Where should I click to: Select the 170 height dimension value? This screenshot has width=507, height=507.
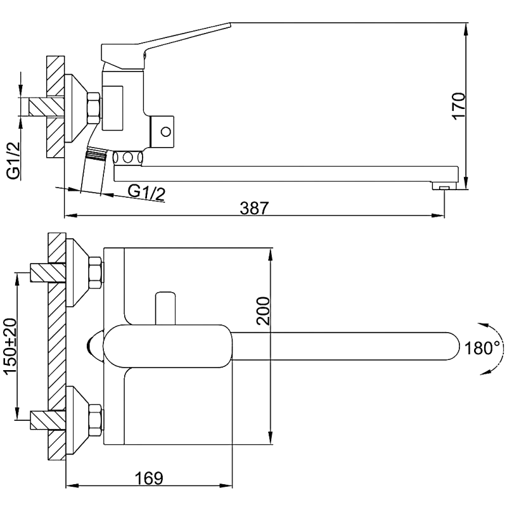[x=458, y=105]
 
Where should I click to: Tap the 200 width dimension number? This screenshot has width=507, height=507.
[x=263, y=311]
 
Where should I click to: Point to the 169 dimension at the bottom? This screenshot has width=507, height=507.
[x=150, y=477]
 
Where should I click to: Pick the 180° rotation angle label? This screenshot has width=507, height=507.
[x=482, y=348]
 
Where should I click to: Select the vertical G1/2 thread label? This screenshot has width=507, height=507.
[x=13, y=161]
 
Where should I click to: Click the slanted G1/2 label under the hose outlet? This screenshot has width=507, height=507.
[x=146, y=191]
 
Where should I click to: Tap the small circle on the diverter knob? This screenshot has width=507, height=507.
[x=166, y=132]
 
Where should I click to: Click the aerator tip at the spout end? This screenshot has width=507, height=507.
[x=444, y=188]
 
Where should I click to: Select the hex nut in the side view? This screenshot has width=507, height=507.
[x=93, y=108]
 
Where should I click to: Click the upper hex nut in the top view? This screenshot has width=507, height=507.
[x=96, y=273]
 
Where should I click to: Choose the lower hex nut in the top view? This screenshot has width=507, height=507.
[x=96, y=419]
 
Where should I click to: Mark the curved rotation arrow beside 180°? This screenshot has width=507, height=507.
[x=492, y=347]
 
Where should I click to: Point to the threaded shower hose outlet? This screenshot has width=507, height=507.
[x=96, y=153]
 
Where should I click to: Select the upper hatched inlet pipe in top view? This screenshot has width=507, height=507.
[x=48, y=273]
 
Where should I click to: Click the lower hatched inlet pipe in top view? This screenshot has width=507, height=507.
[x=48, y=420]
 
